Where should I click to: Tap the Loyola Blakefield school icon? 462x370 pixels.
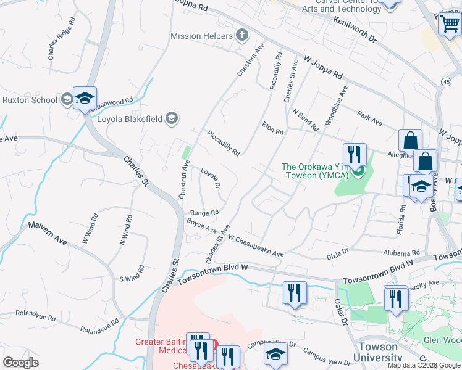click(172, 119)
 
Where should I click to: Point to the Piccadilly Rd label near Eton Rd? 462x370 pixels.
click(223, 143)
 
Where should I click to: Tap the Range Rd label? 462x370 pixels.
click(204, 213)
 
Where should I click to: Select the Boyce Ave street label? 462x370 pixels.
click(202, 226)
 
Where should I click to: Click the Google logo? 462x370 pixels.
click(20, 363)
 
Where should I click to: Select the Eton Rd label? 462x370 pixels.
click(272, 131)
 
